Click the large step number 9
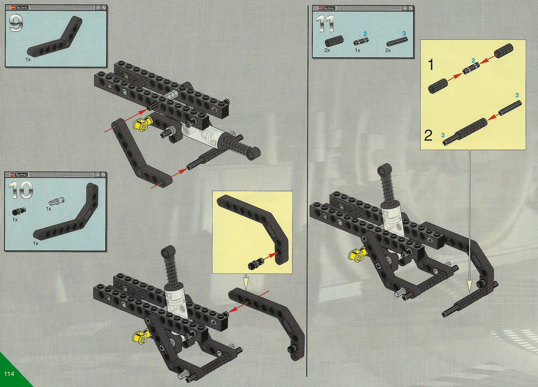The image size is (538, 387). click(x=16, y=23)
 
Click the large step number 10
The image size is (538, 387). click(x=21, y=190)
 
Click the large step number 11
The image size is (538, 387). click(x=325, y=24)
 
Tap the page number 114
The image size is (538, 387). click(x=9, y=374)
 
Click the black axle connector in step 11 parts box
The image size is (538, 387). click(x=334, y=41)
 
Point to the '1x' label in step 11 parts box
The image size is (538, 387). click(x=357, y=50)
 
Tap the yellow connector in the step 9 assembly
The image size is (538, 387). click(x=142, y=123)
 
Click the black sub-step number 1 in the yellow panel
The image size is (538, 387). click(x=431, y=65)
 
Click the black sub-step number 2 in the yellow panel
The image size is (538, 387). click(x=428, y=136)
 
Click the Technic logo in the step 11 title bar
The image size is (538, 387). click(x=327, y=8)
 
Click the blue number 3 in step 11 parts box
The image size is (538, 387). click(x=404, y=33)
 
